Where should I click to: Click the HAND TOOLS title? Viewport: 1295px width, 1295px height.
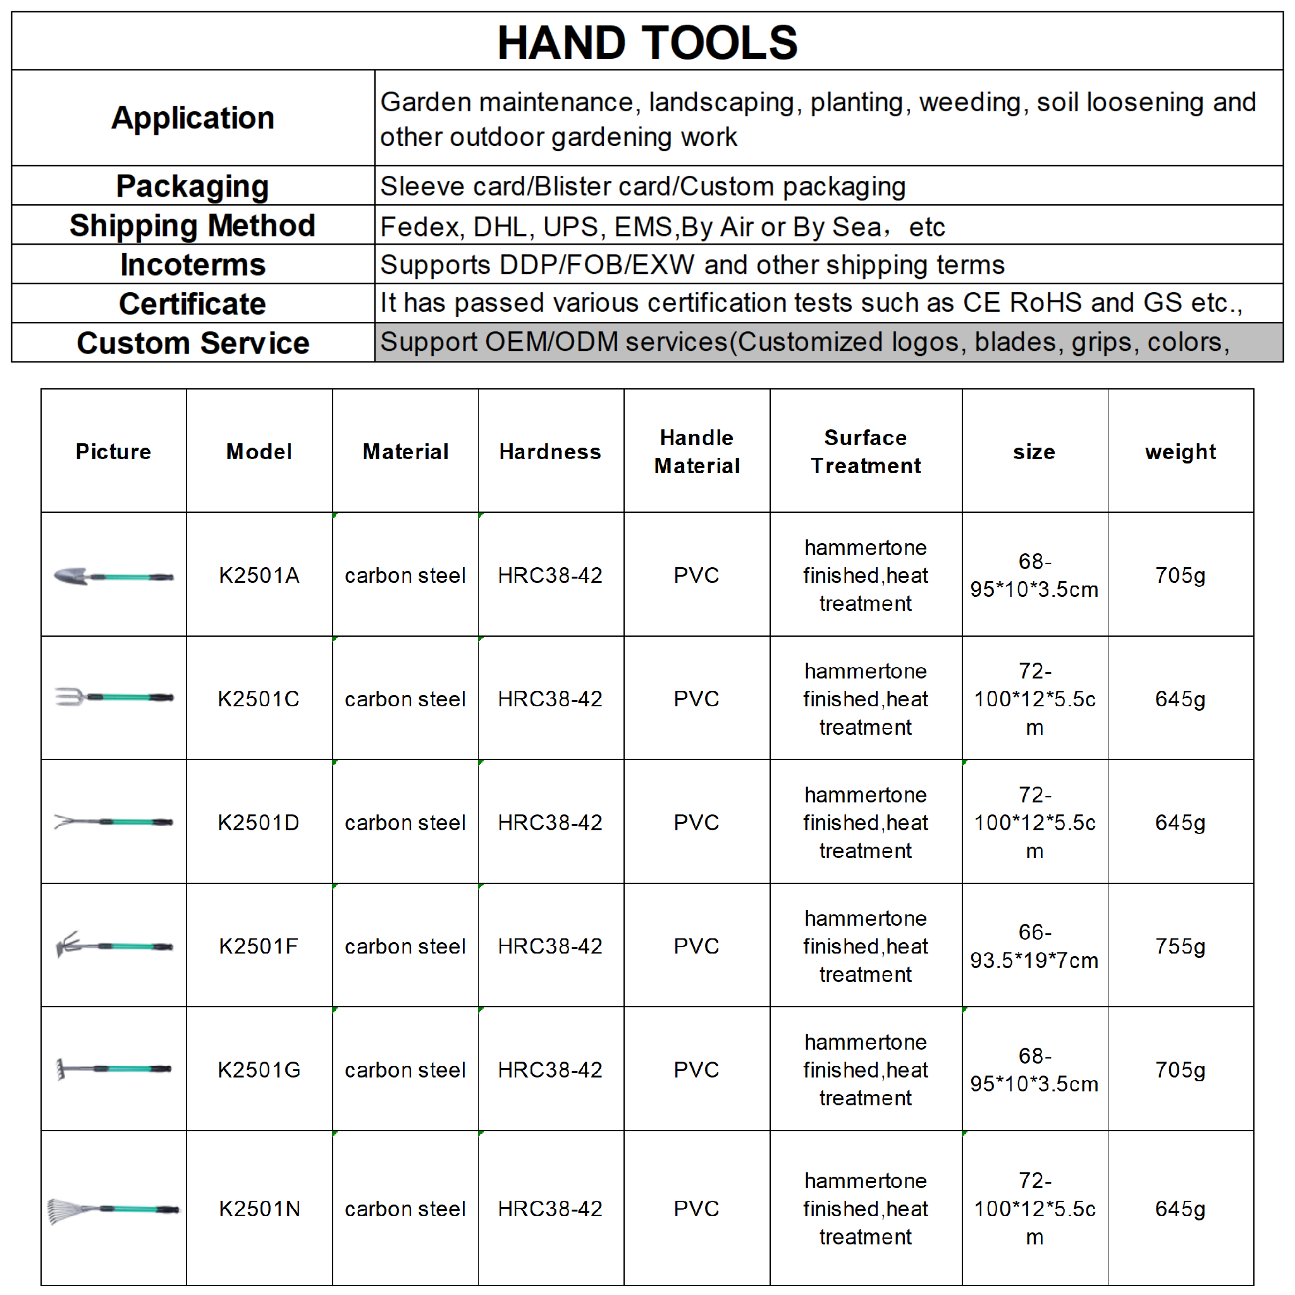pos(647,42)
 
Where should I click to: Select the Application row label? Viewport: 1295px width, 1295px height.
pos(192,118)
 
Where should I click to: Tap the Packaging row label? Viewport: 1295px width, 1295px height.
pos(192,186)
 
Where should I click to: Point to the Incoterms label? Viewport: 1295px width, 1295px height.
pos(192,264)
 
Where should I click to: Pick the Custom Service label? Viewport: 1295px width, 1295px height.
pos(192,343)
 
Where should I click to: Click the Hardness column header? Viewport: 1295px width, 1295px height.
pos(549,451)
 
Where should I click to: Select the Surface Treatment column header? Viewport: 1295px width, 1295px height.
pos(866,451)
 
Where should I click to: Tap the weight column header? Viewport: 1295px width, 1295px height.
pos(1180,451)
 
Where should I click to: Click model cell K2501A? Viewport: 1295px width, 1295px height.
pos(259,575)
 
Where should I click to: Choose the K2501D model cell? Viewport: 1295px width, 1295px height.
pos(259,823)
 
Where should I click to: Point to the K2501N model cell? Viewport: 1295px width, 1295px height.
pos(259,1208)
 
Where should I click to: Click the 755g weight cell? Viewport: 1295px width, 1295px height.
pos(1180,946)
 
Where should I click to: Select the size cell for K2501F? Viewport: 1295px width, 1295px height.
pos(1034,946)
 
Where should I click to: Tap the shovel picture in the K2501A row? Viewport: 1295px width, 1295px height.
pos(113,576)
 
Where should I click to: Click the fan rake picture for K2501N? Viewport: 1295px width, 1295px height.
pos(113,1210)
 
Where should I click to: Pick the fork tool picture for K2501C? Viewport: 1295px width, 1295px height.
pos(113,697)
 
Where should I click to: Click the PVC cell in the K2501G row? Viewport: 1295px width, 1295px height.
pos(696,1070)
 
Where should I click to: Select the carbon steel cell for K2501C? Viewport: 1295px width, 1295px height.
pos(405,699)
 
